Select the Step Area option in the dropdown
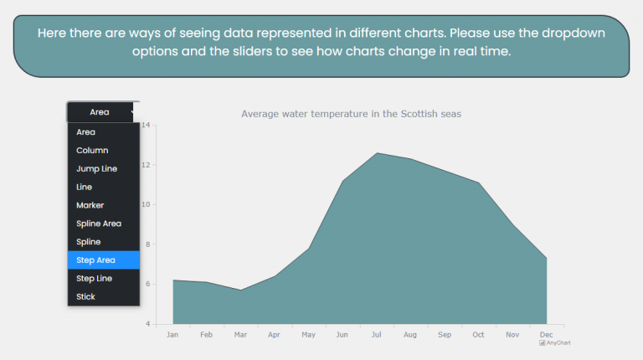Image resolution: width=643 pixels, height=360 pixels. pyautogui.click(x=95, y=260)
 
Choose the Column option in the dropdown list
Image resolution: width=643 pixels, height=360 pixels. pyautogui.click(x=92, y=151)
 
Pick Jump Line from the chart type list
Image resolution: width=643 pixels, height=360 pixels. pyautogui.click(x=96, y=169)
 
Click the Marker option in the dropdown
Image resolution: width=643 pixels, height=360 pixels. pyautogui.click(x=90, y=205)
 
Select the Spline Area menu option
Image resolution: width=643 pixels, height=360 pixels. pyautogui.click(x=99, y=224)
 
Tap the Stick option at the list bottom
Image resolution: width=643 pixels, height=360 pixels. pyautogui.click(x=85, y=297)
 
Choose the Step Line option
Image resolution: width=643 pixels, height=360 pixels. pyautogui.click(x=94, y=279)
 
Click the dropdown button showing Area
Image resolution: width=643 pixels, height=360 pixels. pyautogui.click(x=103, y=111)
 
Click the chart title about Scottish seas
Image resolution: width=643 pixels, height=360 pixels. pyautogui.click(x=351, y=113)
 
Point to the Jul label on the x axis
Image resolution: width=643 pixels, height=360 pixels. pyautogui.click(x=377, y=335)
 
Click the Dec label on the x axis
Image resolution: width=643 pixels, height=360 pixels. pyautogui.click(x=546, y=335)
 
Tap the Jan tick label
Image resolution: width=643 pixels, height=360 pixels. pyautogui.click(x=172, y=335)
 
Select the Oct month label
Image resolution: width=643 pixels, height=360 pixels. pyautogui.click(x=478, y=335)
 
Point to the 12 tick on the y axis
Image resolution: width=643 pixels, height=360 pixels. pyautogui.click(x=146, y=165)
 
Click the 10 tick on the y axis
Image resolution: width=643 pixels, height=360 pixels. pyautogui.click(x=146, y=204)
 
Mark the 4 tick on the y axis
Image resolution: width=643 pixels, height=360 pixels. pyautogui.click(x=147, y=324)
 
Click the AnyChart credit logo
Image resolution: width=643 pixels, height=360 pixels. pyautogui.click(x=555, y=342)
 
